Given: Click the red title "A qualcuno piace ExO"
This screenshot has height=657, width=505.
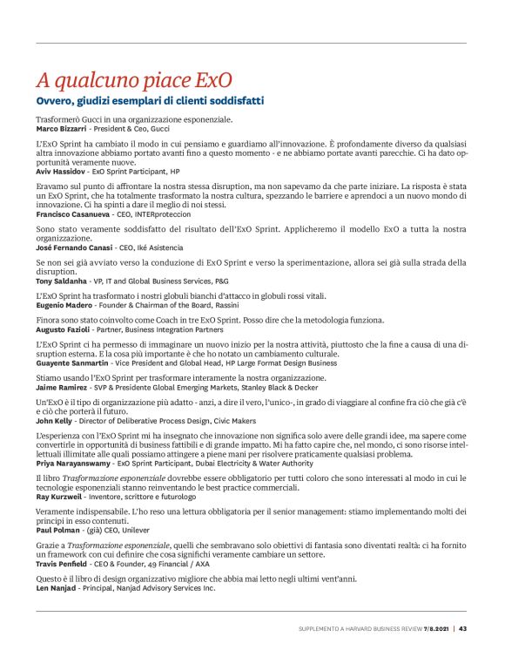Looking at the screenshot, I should point(134,80).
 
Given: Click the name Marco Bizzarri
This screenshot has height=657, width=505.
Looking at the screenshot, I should point(59,128).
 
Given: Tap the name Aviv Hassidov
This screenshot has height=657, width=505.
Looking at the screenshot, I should point(58,173).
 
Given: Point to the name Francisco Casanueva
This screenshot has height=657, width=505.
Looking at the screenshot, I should point(71,213).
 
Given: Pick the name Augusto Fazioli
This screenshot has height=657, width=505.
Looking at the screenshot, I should point(61,331).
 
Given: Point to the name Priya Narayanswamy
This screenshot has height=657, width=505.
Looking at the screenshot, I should point(71,463).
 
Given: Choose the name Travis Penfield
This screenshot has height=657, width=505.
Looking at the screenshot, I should point(60,563).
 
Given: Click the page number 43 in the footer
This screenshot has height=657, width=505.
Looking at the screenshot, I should point(463,627).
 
